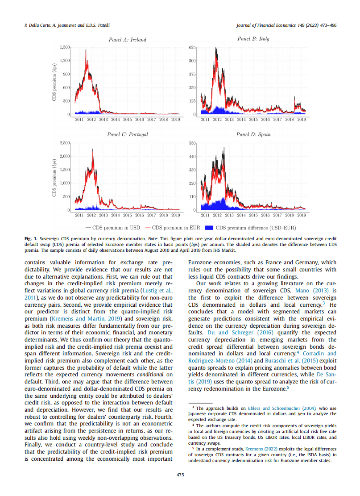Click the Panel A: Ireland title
pos(127,40)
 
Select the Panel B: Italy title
pos(253,39)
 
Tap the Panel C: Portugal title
pos(127,134)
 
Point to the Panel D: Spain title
pos(253,134)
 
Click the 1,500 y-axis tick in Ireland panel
pos(65,47)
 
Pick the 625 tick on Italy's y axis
pos(193,47)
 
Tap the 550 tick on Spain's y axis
pos(193,143)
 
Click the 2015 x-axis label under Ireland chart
pos(128,120)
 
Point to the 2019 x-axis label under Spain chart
pos(301,215)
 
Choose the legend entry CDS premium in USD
pos(117,227)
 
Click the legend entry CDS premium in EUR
pos(178,227)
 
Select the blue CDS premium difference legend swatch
pos(209,227)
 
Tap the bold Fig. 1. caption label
pos(31,239)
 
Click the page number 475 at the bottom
pos(180,475)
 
